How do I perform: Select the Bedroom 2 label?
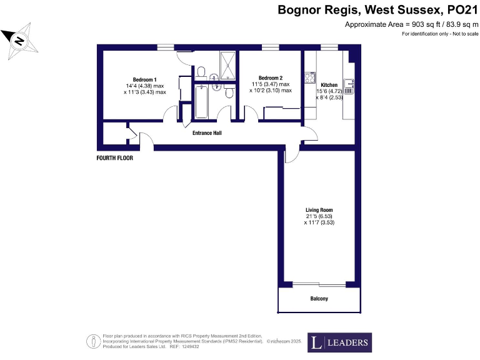pyautogui.click(x=271, y=78)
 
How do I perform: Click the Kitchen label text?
pyautogui.click(x=329, y=85)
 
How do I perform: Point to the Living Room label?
pyautogui.click(x=319, y=210)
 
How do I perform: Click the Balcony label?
pyautogui.click(x=319, y=299)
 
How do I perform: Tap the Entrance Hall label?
pyautogui.click(x=206, y=133)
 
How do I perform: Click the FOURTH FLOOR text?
pyautogui.click(x=114, y=158)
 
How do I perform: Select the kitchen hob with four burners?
pyautogui.click(x=309, y=78)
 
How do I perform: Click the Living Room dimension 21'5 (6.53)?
pyautogui.click(x=319, y=216)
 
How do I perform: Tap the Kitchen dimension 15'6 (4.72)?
pyautogui.click(x=329, y=91)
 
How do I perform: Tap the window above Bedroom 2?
pyautogui.click(x=270, y=47)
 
